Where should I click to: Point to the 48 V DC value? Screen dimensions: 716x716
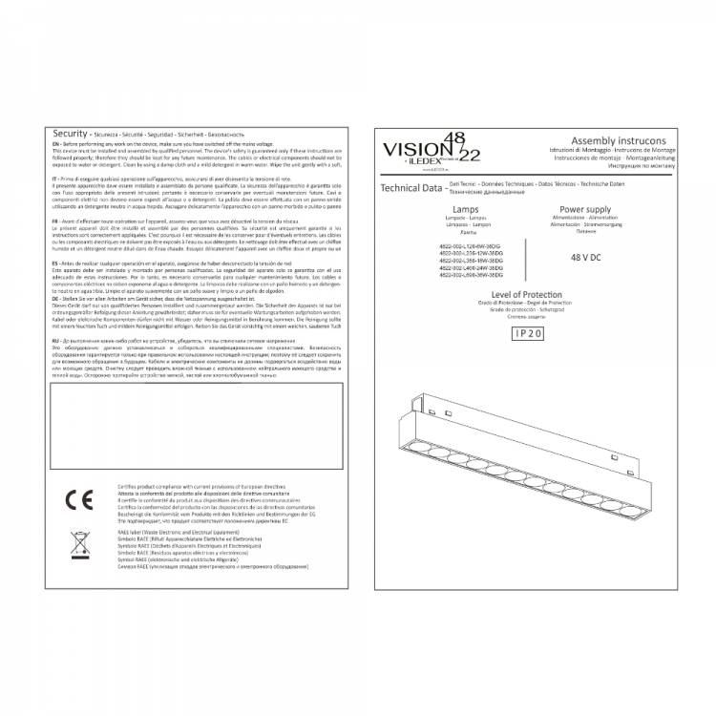585,258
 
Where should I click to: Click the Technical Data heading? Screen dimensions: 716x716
411,189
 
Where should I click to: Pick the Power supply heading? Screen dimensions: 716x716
585,207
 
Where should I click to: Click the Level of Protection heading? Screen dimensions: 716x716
525,296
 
